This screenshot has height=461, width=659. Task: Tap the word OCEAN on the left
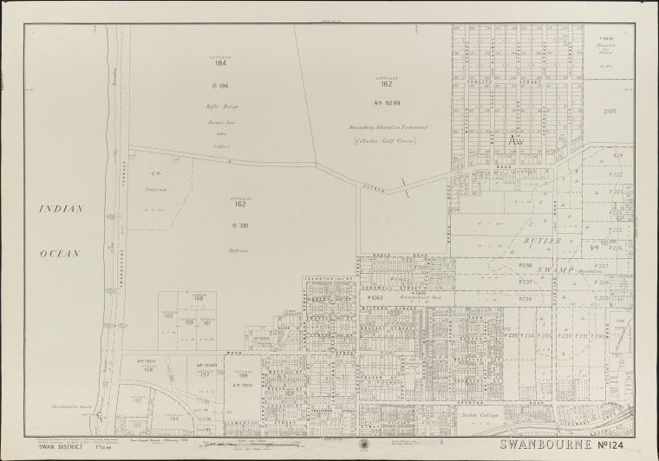[x=61, y=253]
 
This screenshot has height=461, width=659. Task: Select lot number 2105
[x=609, y=112]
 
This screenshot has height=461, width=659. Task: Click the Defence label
[x=240, y=250]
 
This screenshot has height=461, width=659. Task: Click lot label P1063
[x=375, y=297]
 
